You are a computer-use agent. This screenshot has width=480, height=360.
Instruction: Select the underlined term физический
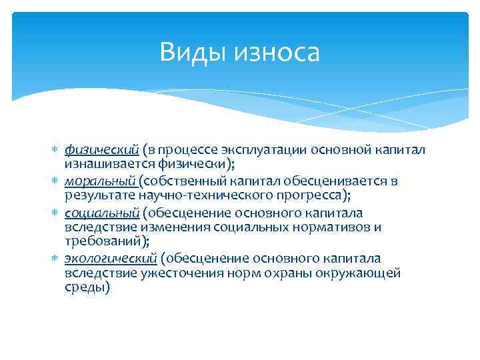101,148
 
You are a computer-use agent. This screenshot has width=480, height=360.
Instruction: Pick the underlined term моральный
100,181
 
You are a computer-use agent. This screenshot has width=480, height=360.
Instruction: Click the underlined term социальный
101,213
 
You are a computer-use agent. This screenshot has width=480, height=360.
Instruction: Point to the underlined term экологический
111,258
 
